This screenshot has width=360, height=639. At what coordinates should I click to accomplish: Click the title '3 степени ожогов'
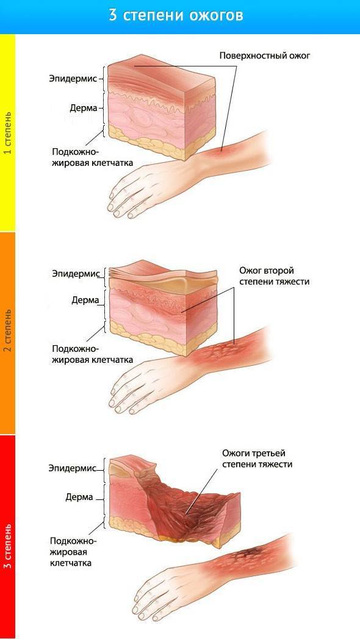coord(176,15)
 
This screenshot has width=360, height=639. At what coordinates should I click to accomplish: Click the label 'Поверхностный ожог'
coord(265,56)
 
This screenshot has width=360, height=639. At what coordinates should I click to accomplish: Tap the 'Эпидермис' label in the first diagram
coord(74,78)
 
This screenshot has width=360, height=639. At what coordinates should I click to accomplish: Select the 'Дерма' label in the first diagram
coord(84,108)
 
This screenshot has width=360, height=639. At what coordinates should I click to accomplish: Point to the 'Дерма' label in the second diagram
coord(86,301)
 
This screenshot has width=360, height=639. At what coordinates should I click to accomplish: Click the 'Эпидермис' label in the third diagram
coord(72,468)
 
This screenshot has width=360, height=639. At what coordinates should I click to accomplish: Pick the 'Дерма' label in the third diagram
coord(79,497)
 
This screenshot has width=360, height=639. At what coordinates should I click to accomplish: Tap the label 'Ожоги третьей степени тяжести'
coord(257,459)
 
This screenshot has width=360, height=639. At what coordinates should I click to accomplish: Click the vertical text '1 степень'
coord(7,132)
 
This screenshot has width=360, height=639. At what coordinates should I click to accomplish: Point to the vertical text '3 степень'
coord(7,546)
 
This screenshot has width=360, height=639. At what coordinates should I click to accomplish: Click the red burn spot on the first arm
coord(220,153)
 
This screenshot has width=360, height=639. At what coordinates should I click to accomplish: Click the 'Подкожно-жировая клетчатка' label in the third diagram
coord(73,552)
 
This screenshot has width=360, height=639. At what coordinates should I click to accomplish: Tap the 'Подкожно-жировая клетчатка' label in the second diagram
coord(93,354)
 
